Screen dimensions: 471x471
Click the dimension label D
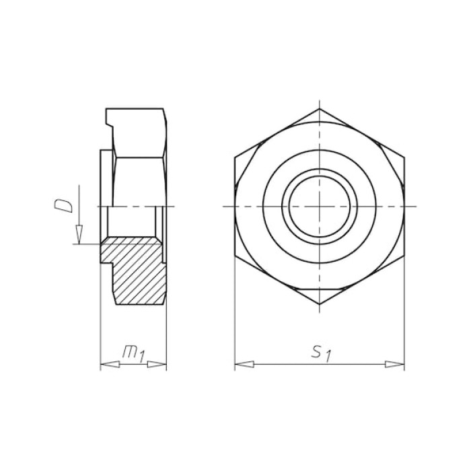tap(63, 207)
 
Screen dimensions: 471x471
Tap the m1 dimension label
tap(134, 353)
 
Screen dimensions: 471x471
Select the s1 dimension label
tap(321, 353)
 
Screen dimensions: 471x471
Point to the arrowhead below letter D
tap(79, 234)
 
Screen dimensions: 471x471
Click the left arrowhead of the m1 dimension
tap(110, 365)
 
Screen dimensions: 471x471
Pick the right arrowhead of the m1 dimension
tap(157, 365)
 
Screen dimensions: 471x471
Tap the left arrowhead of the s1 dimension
tap(244, 365)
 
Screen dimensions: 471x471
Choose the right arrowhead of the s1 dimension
tap(395, 365)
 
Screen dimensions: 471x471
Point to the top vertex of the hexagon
tap(320, 108)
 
